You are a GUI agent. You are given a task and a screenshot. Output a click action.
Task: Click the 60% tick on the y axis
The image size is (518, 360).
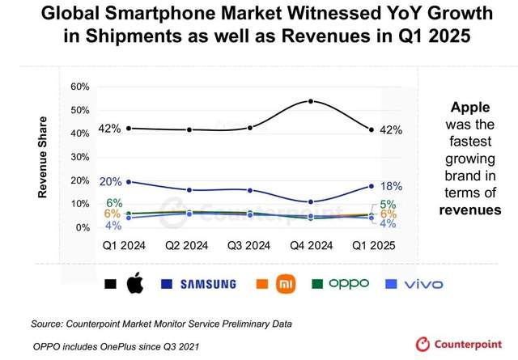click(x=79, y=87)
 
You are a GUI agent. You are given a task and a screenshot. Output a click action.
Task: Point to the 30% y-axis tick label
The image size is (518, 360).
click(x=79, y=157)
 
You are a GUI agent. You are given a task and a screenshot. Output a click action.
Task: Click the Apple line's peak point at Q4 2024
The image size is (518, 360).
click(x=312, y=101)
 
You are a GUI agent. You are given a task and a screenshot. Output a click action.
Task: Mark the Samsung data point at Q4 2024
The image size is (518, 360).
click(x=312, y=201)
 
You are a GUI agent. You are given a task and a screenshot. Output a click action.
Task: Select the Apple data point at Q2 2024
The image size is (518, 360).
click(x=189, y=129)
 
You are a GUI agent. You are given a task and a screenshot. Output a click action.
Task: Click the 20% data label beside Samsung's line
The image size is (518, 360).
click(x=111, y=181)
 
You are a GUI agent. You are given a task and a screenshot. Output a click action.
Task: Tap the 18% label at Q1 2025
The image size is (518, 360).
click(x=391, y=186)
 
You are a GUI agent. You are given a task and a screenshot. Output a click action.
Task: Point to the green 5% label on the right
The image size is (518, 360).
click(x=388, y=204)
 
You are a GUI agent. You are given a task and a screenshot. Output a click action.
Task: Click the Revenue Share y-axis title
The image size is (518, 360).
click(x=43, y=157)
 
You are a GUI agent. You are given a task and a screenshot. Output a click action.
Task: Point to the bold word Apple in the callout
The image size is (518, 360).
click(x=470, y=108)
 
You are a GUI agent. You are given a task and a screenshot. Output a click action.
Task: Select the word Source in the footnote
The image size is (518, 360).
click(x=49, y=324)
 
